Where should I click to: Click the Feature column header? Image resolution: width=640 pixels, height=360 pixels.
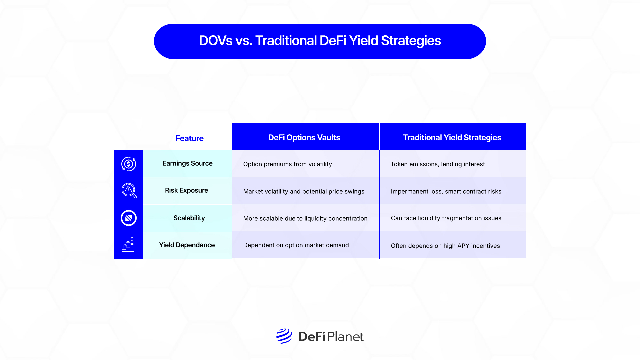(189, 138)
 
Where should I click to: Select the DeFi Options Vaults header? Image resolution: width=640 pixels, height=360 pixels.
(304, 137)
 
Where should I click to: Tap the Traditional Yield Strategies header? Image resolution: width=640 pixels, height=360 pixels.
(452, 137)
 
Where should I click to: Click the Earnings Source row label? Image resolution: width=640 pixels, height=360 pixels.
(187, 163)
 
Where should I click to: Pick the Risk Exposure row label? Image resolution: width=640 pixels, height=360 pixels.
(186, 190)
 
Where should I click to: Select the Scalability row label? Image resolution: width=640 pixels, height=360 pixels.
(189, 218)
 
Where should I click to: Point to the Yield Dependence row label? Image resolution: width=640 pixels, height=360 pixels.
(187, 245)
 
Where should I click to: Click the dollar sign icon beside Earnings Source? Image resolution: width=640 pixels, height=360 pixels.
(129, 164)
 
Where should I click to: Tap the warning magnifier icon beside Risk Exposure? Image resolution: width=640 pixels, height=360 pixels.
(129, 191)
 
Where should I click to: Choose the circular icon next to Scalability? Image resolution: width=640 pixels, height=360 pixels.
(129, 218)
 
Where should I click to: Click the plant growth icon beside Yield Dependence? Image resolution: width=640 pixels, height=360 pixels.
(128, 245)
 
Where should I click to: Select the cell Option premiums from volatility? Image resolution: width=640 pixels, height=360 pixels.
(287, 164)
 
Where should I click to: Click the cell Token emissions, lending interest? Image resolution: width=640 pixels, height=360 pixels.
(438, 164)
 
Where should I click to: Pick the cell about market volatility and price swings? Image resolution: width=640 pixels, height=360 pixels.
(304, 191)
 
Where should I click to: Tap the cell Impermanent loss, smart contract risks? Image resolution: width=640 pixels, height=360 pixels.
(446, 191)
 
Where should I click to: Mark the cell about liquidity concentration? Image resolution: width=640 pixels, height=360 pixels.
(305, 218)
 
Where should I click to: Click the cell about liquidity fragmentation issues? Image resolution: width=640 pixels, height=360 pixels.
(446, 218)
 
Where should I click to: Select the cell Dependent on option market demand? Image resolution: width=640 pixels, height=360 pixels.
(296, 245)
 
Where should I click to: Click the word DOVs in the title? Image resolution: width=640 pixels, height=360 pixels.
(216, 41)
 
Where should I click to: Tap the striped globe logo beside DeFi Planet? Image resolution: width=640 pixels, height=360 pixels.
(284, 336)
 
